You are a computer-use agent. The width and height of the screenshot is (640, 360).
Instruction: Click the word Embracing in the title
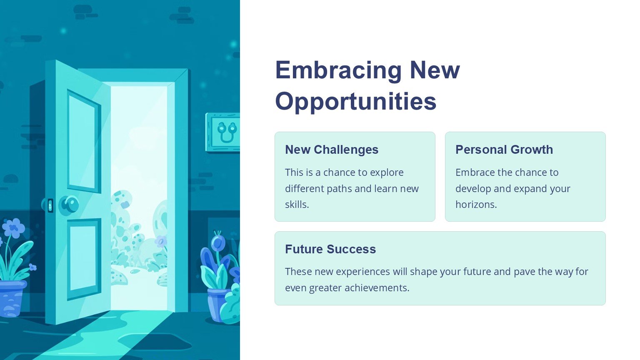pos(339,71)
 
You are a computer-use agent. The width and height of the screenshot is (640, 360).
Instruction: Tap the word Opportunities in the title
pos(356,102)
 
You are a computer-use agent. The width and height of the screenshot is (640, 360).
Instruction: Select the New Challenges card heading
pos(332,150)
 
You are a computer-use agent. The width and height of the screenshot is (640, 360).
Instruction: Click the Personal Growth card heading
pos(504,150)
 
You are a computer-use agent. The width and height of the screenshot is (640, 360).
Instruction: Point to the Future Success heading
pos(330,249)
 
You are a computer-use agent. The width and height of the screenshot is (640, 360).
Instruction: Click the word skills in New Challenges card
pos(297,204)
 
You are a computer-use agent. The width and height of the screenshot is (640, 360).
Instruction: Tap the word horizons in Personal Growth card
pos(476,204)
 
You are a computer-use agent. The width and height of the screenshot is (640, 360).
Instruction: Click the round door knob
pos(69,205)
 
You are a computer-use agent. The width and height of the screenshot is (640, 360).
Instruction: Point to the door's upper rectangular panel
pos(83,141)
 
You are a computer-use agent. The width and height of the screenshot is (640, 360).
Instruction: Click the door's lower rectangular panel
pos(84,259)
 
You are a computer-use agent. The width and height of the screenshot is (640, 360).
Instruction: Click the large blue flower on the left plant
pos(14,228)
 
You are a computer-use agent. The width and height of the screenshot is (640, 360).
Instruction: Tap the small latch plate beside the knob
pos(50,205)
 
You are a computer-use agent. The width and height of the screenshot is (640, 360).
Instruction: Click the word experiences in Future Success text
pos(363,272)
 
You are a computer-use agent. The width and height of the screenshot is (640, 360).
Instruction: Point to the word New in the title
pos(435,71)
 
